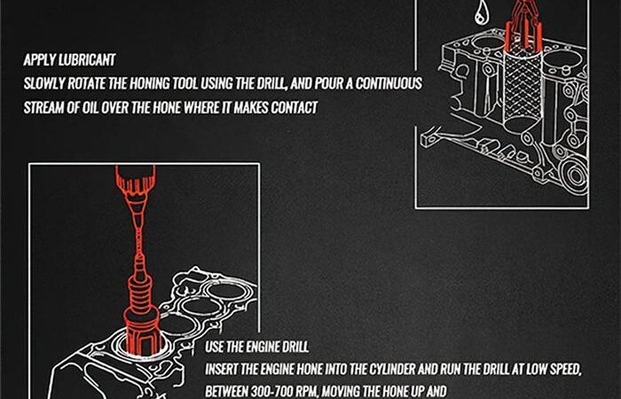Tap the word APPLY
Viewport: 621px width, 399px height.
pyautogui.click(x=39, y=60)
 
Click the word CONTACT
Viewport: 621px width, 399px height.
pyautogui.click(x=295, y=107)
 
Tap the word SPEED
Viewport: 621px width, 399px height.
pyautogui.click(x=563, y=370)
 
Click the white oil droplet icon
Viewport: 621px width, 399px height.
pyautogui.click(x=482, y=11)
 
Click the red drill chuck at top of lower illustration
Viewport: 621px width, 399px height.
pyautogui.click(x=136, y=180)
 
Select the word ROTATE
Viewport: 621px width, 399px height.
pyautogui.click(x=87, y=84)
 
